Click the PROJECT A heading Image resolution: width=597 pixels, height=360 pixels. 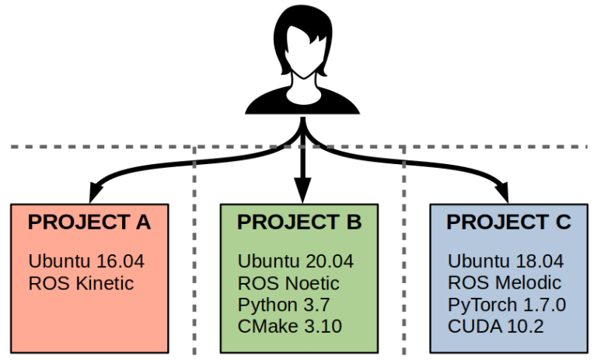click(89, 222)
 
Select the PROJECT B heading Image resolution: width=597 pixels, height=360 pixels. click(299, 222)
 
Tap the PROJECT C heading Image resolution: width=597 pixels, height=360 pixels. click(509, 222)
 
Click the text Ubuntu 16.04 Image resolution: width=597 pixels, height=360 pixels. click(86, 261)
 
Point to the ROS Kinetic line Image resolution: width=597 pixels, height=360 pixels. click(81, 283)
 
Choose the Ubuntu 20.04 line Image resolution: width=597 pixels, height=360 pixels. click(296, 261)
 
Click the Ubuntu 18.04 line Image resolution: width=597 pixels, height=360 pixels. click(505, 261)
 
